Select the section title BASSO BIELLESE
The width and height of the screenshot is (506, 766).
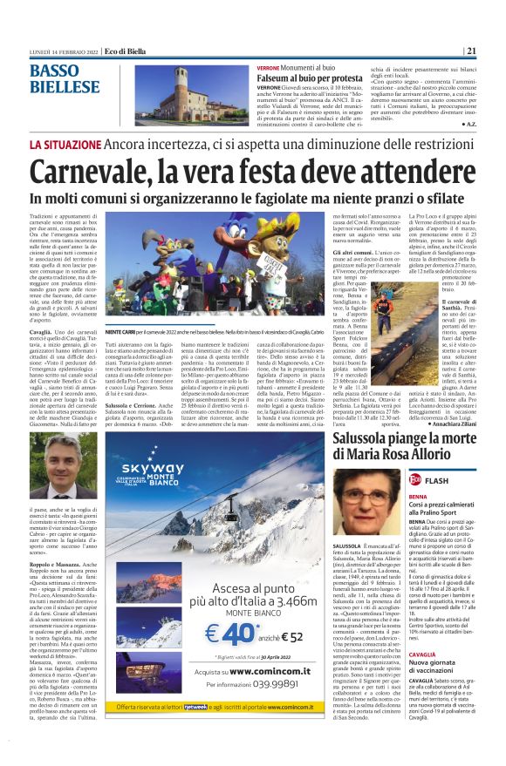pos(64,78)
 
